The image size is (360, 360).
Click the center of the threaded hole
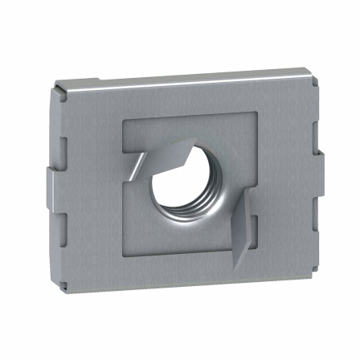(x=192, y=186)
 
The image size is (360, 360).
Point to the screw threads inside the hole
(x=186, y=211)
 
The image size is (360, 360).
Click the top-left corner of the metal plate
(x=57, y=86)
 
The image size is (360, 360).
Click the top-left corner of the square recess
(x=123, y=121)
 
